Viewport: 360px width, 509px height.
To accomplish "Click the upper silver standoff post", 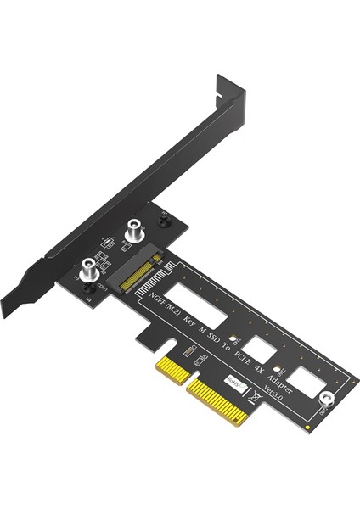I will click(134, 228).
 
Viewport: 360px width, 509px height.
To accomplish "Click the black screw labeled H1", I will click(166, 220).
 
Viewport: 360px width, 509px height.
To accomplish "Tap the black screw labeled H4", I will click(87, 290).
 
